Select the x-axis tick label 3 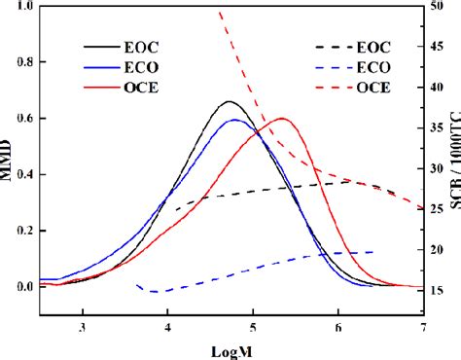(x=84, y=327)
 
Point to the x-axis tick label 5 (x=253, y=327)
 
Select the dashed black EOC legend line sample (x=331, y=46)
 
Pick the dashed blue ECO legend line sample (x=331, y=67)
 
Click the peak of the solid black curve (x=230, y=101)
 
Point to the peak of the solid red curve (x=282, y=119)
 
